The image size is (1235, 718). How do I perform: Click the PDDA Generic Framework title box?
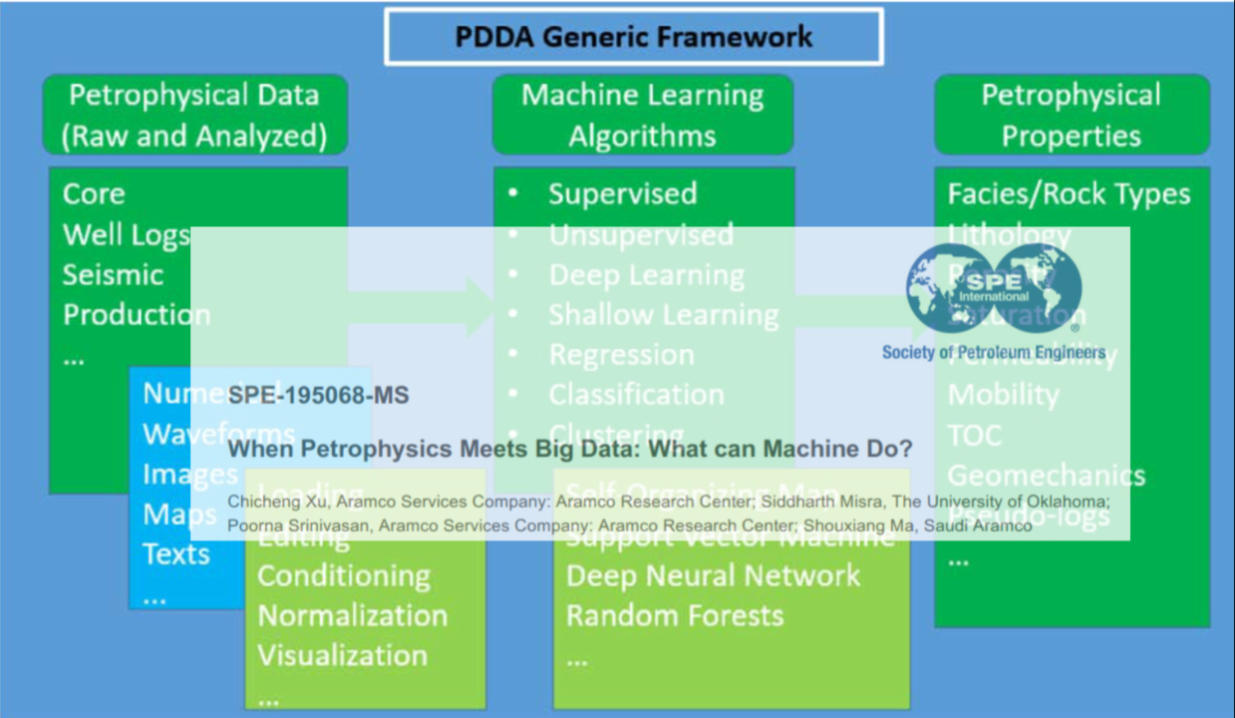coord(633,37)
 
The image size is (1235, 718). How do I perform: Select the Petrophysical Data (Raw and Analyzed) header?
coord(194,115)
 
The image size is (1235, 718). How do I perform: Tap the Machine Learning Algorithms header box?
coord(643,115)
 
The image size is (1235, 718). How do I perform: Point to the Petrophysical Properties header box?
coord(1072,115)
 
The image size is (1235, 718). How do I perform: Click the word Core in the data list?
coord(94,193)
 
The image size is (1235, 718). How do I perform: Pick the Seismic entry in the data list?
coord(113,274)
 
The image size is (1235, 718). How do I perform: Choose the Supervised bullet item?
coord(622,193)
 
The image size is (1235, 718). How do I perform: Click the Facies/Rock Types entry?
coord(1069,193)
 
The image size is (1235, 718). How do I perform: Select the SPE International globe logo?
coord(993,288)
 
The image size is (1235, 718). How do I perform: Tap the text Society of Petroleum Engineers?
coord(993,352)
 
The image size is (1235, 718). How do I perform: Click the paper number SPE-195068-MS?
coord(318,396)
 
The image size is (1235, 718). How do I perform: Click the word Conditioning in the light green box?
coord(344,575)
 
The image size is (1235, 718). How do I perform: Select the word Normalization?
coord(352,615)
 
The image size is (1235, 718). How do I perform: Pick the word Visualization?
coord(342,655)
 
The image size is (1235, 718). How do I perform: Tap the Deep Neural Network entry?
coord(713,575)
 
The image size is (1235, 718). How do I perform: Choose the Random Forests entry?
coord(675,615)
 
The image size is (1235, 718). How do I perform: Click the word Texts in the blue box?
coord(176,553)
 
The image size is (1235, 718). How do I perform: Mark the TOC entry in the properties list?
coord(974,435)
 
